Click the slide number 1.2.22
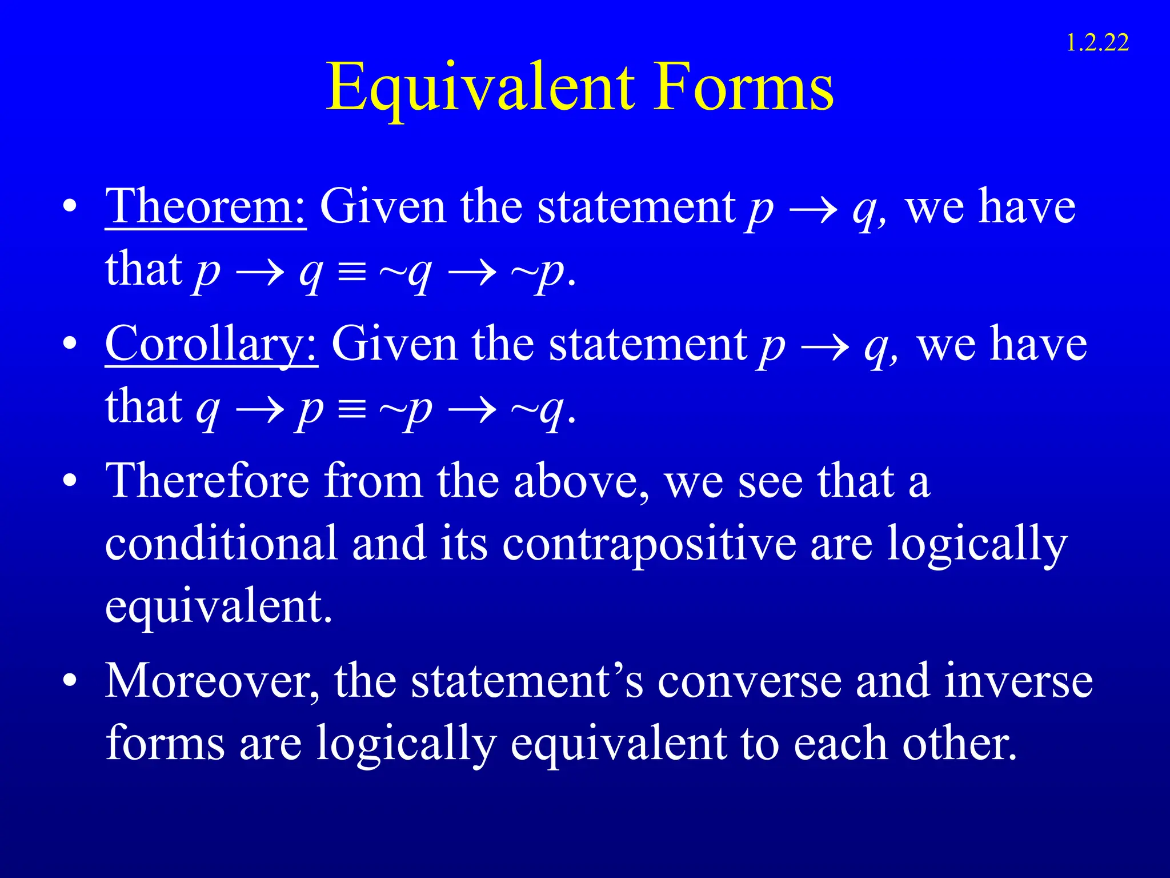coord(1097,43)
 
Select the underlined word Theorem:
coord(206,207)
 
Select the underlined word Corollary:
coord(211,344)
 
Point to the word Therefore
coord(209,481)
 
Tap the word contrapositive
coord(649,544)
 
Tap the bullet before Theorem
coord(70,207)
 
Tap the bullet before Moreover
coord(70,681)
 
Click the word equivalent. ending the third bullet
coord(218,607)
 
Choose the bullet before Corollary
coord(70,344)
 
